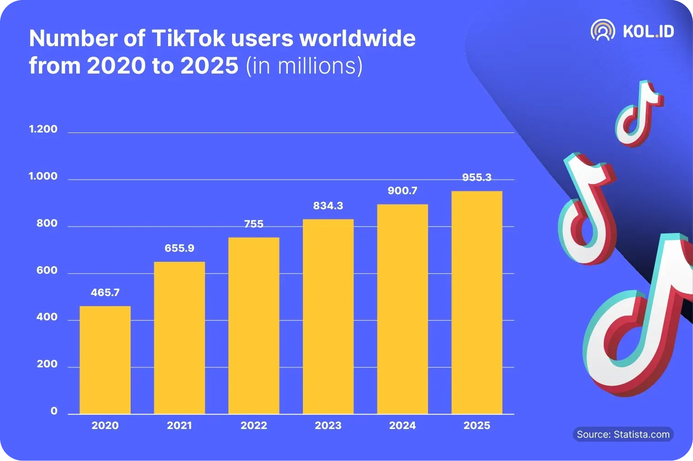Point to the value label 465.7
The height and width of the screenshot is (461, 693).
point(105,292)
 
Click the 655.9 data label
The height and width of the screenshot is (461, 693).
point(179,248)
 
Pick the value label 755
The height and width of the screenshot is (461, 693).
point(254,224)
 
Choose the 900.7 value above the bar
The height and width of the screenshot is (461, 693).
point(402,191)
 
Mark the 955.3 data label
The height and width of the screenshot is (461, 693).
point(476,177)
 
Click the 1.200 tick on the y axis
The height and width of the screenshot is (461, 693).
point(43,129)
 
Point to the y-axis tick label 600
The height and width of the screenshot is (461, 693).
point(47,270)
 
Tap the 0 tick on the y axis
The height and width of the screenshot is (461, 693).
point(54,411)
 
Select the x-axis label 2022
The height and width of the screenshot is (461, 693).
point(254,425)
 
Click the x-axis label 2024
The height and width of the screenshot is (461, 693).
point(402,425)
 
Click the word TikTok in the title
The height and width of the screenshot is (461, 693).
point(188,38)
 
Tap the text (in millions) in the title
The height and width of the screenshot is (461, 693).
point(304,66)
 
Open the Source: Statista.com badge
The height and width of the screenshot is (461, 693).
point(623,435)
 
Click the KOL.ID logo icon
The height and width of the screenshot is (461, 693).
point(603,31)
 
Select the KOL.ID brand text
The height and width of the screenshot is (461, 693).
point(648,31)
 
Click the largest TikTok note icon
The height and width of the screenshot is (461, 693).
point(640,320)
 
